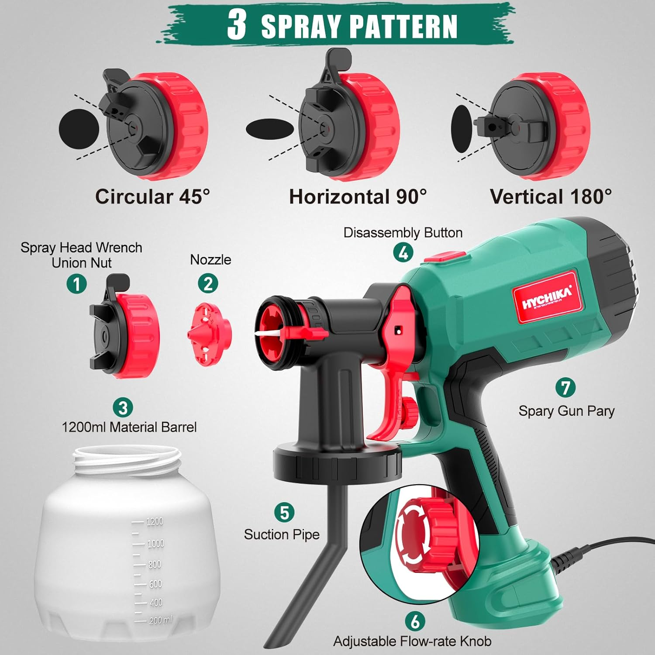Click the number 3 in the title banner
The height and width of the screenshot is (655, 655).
(237, 25)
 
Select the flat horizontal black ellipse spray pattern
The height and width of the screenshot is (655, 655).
(270, 128)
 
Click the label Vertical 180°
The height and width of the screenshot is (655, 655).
(551, 197)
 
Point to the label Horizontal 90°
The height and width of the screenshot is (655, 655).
(358, 197)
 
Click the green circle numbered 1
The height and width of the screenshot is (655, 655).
(77, 284)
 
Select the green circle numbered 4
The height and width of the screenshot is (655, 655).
(403, 253)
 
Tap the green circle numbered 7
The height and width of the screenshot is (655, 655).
(565, 387)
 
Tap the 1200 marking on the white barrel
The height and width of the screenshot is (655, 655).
(155, 521)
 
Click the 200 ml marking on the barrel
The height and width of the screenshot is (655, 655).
(160, 620)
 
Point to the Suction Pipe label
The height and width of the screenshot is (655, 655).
(282, 534)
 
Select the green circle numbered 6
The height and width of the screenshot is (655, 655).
(415, 621)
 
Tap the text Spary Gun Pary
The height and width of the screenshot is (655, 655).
(566, 411)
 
